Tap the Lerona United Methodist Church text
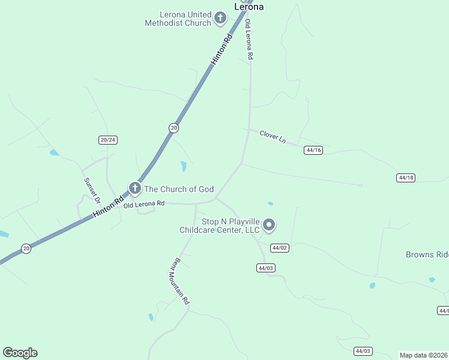pos(177,19)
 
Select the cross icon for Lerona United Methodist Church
pos(220,19)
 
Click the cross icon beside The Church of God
pos(135,189)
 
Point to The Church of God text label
pos(179,189)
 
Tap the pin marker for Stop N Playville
pos(270,226)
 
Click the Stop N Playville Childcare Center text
pos(220,226)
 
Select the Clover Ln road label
pos(273,136)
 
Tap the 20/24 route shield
pos(108,140)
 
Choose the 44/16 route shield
pos(313,150)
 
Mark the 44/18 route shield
pos(406,178)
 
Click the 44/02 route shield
pos(280,248)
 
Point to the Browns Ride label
pos(427,254)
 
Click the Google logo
pos(20,352)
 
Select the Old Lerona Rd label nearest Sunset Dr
pos(143,205)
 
